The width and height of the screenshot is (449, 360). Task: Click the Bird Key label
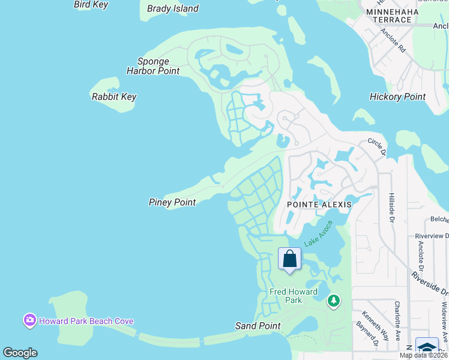91,5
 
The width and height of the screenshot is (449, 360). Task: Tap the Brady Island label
173,9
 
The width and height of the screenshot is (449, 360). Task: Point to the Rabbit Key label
114,97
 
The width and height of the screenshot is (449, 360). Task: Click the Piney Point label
172,202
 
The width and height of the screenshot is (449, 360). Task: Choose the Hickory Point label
397,97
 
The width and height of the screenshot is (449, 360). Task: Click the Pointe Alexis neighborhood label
319,204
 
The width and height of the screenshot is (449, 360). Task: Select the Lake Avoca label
318,233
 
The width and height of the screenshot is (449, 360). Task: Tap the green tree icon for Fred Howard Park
334,300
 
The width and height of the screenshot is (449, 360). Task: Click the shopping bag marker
289,259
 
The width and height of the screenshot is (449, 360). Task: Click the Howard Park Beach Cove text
86,321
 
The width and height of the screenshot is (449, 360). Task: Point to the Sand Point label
258,326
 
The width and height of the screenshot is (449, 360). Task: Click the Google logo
20,353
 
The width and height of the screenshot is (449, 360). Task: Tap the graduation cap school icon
427,349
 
